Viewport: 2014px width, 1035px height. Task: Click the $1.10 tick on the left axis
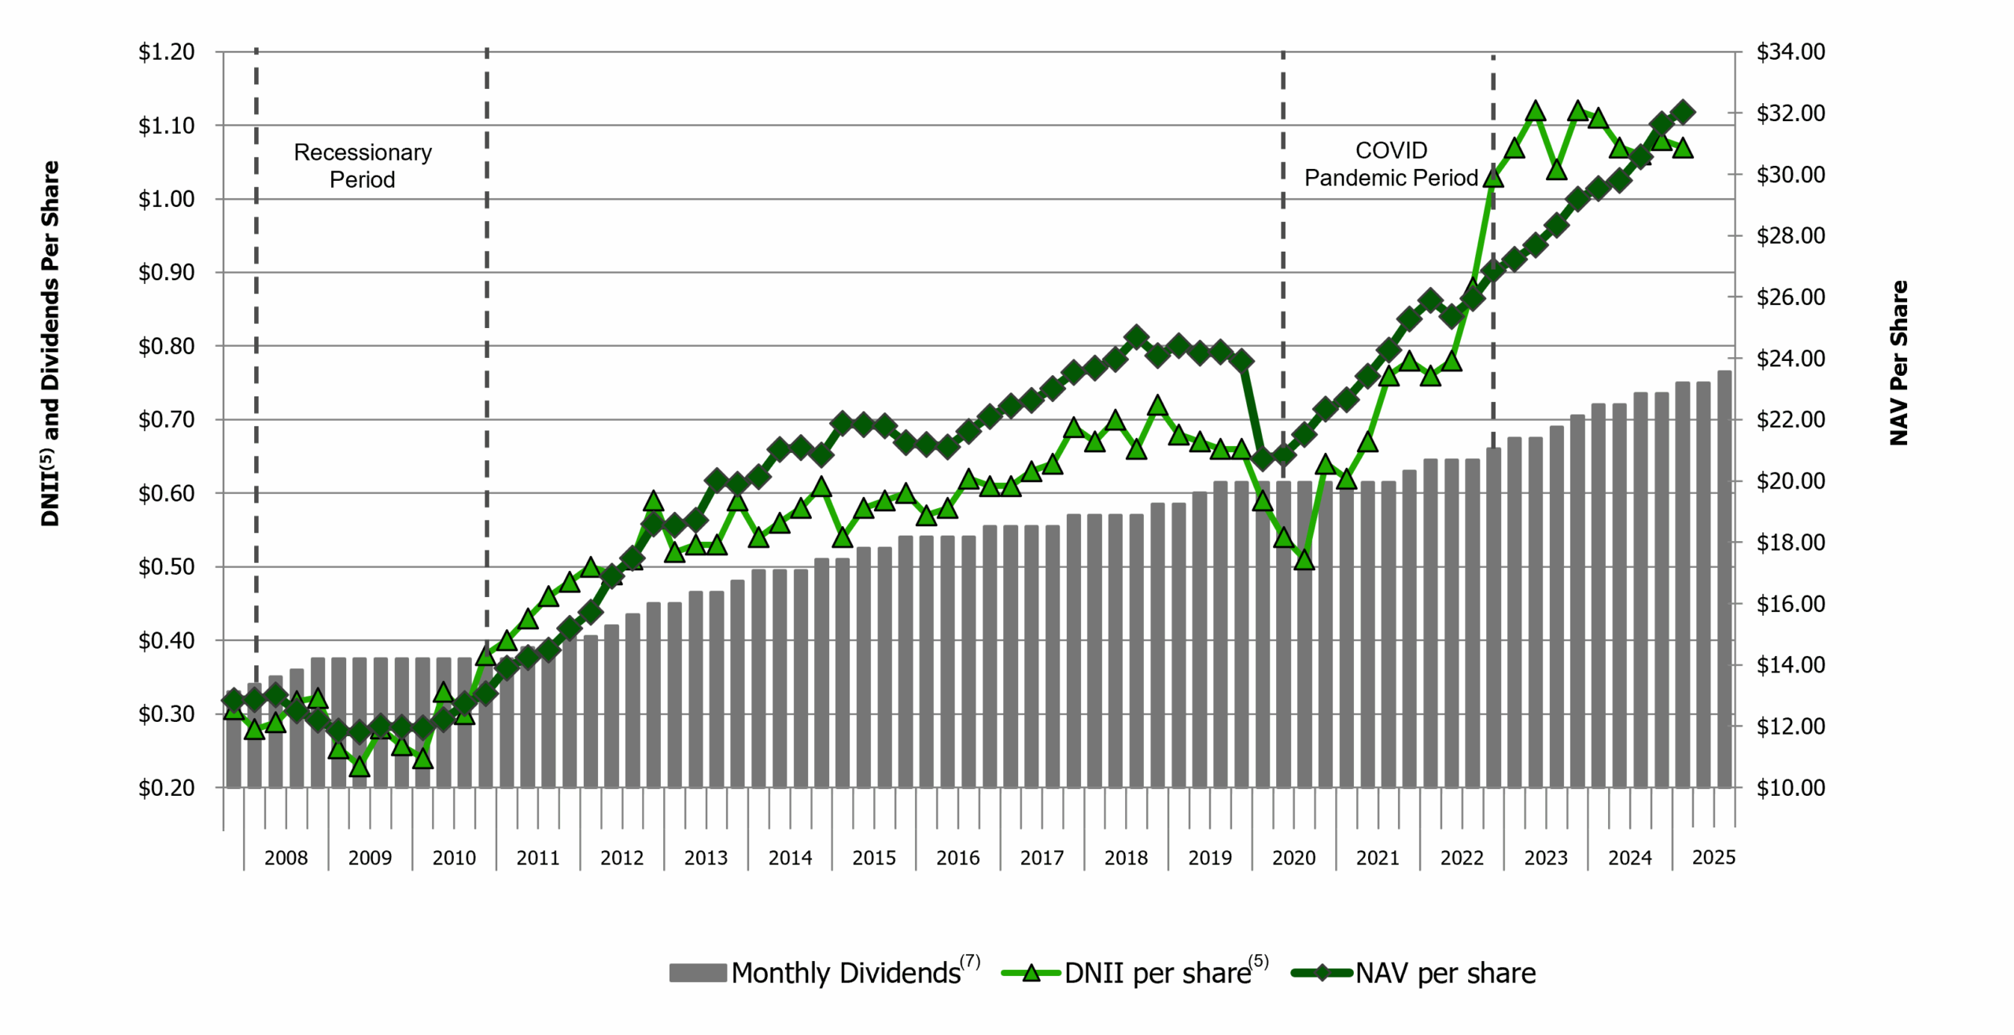pyautogui.click(x=166, y=126)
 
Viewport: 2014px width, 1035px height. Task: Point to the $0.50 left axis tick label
pyautogui.click(x=166, y=567)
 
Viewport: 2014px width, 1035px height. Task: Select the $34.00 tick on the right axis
pyautogui.click(x=1791, y=52)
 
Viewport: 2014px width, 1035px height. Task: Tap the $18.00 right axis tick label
pyautogui.click(x=1791, y=543)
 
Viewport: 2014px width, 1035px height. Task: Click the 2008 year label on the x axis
pyautogui.click(x=286, y=858)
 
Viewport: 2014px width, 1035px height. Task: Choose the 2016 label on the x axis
pyautogui.click(x=957, y=858)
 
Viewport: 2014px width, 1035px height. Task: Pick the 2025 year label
pyautogui.click(x=1713, y=857)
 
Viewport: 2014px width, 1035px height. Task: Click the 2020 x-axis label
pyautogui.click(x=1293, y=858)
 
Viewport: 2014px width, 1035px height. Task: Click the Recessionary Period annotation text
pyautogui.click(x=363, y=166)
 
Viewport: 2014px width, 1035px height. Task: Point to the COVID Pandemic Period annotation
pyautogui.click(x=1391, y=164)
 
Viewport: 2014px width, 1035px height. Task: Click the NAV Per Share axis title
pyautogui.click(x=1898, y=363)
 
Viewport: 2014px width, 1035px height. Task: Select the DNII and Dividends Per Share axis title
pyautogui.click(x=50, y=344)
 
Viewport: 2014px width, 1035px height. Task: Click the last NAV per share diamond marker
pyautogui.click(x=1683, y=112)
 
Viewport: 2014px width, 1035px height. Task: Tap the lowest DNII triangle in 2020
pyautogui.click(x=1304, y=560)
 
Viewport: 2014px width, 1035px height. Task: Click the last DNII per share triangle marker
pyautogui.click(x=1683, y=148)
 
